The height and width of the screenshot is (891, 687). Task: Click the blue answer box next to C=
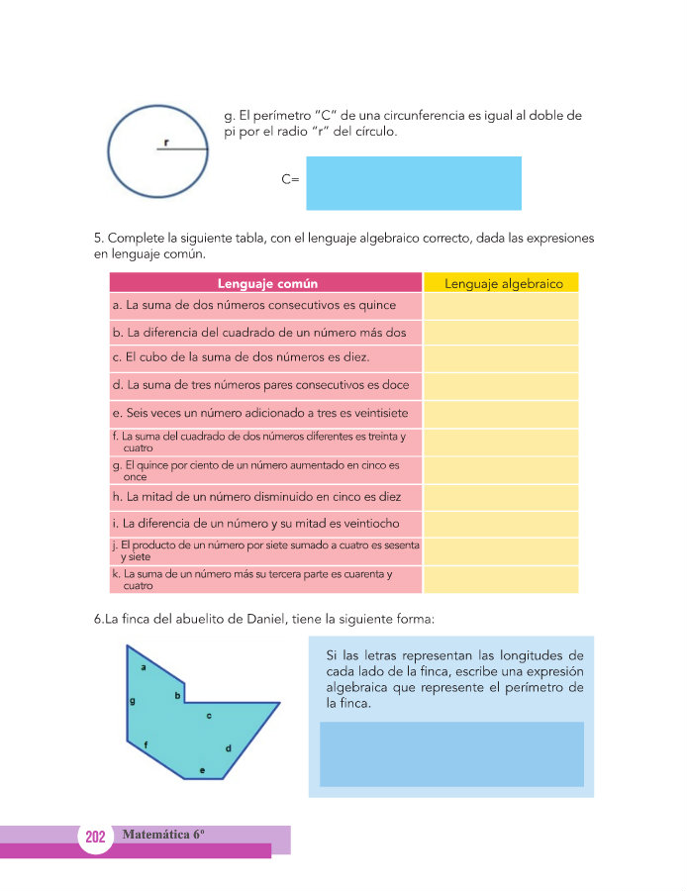coord(413,183)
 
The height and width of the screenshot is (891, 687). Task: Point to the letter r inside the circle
coord(165,143)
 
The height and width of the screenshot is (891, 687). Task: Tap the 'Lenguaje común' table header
coord(266,283)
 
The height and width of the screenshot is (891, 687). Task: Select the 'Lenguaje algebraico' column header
coord(503,283)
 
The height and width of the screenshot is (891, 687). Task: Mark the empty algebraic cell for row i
coord(501,524)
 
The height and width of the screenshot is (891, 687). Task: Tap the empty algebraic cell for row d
coord(501,385)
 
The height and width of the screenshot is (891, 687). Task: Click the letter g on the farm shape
coord(132,701)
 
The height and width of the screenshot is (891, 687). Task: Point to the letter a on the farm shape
coord(145,667)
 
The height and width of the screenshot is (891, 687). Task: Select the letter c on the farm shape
coord(208,714)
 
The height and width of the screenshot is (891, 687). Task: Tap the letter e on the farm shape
coord(202,769)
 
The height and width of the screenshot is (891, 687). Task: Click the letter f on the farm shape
coord(147,744)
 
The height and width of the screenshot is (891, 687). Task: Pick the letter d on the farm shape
coord(228,747)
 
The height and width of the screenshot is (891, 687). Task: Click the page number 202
coord(95,838)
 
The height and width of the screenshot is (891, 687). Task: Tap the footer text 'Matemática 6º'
coord(162,835)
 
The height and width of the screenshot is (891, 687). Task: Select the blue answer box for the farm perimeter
coord(451,753)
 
